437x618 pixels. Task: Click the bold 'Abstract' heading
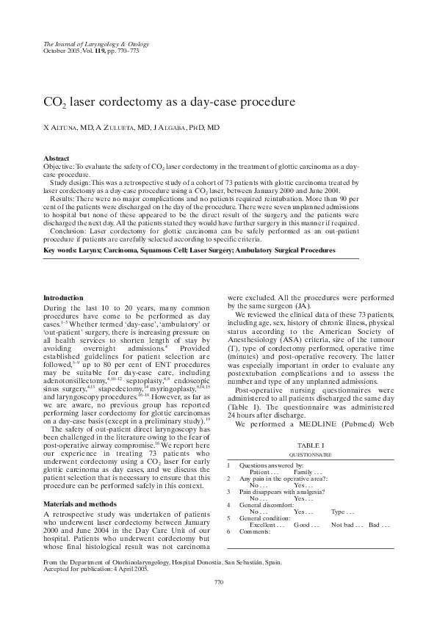tap(57, 159)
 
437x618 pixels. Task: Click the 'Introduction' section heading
tap(64, 297)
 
